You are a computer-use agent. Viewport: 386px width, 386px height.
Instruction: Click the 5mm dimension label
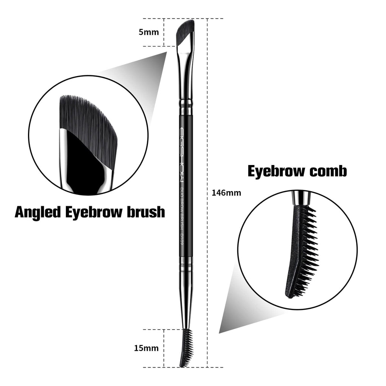(x=149, y=32)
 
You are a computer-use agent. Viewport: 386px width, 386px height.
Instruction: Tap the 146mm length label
(x=226, y=193)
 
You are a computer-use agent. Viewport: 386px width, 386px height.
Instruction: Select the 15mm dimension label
(x=146, y=348)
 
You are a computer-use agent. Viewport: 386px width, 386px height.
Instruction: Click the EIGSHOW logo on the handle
(x=182, y=155)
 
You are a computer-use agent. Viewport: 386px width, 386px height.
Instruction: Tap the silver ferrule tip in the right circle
(x=301, y=198)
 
